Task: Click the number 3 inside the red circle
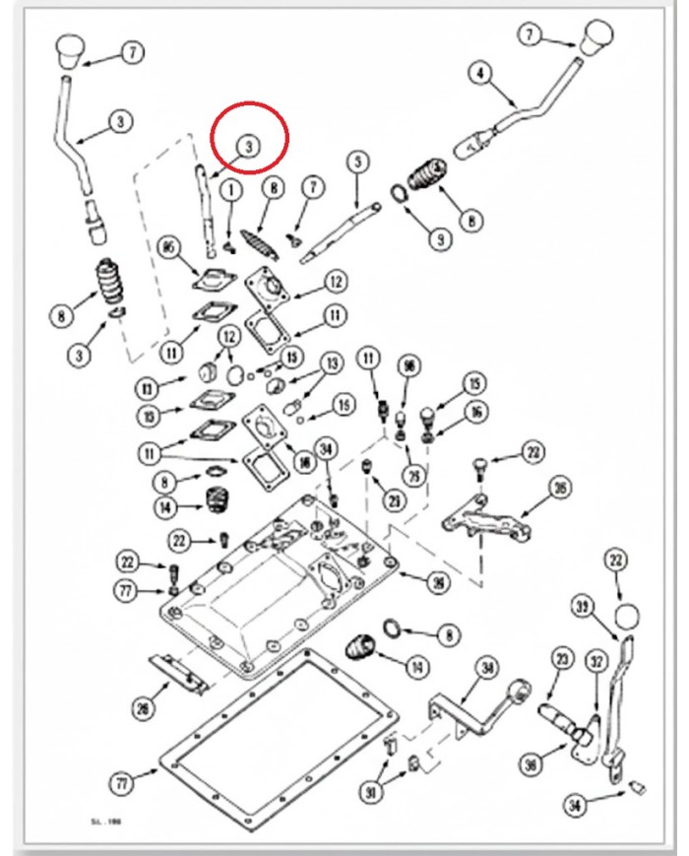249,146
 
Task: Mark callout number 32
595,661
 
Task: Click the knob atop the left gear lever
73,47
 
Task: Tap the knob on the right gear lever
595,37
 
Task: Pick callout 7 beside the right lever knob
532,35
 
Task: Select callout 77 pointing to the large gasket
121,785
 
